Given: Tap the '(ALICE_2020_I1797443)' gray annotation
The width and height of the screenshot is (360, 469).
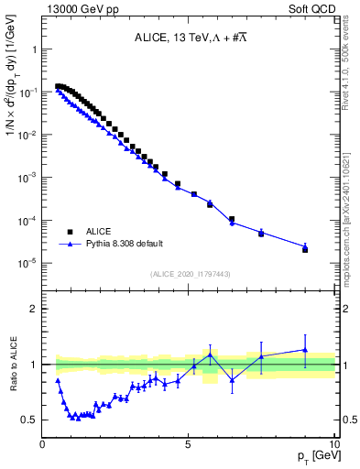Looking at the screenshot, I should point(190,274).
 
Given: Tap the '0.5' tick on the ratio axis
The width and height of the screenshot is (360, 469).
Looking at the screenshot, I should point(31,420).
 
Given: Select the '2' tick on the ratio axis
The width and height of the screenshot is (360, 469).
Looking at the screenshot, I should point(35,309).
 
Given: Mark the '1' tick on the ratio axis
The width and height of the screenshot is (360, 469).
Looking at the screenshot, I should point(35,365).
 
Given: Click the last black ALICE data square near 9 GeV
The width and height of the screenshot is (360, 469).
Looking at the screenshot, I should point(305,249).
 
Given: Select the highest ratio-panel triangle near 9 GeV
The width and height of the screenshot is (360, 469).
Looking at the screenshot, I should point(305,349).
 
